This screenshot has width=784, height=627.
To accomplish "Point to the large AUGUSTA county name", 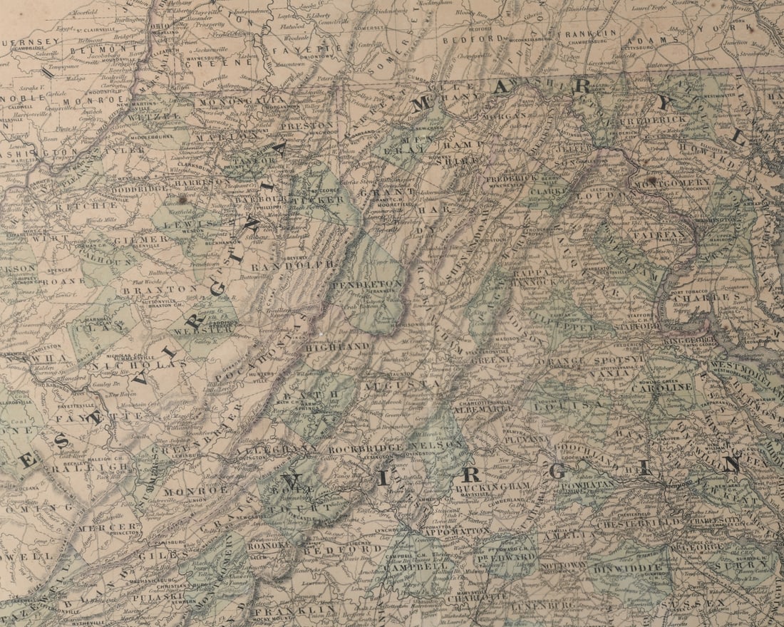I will (390, 385).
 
